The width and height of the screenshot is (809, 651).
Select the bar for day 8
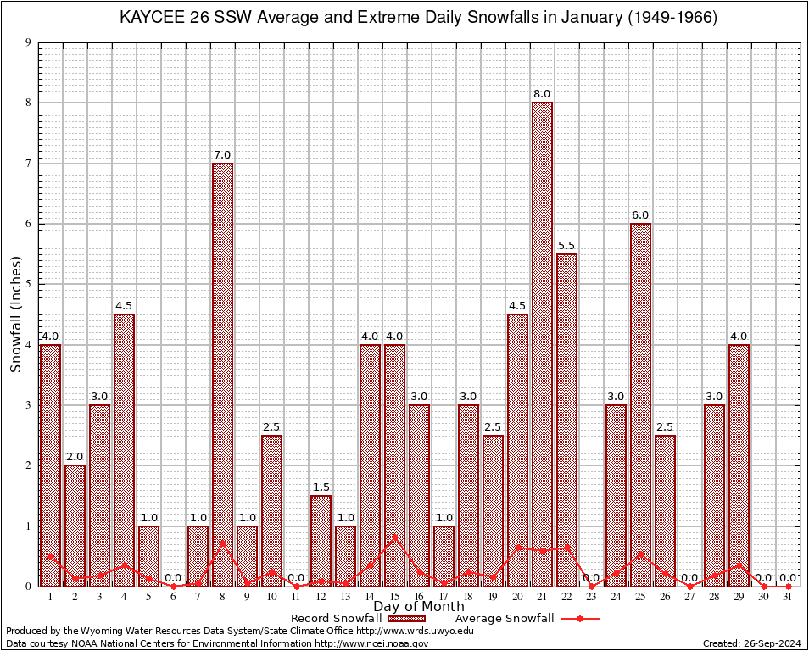point(222,373)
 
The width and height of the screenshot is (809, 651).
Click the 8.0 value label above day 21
point(542,94)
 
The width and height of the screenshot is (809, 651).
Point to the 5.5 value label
point(566,246)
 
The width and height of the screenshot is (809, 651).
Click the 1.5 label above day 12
point(321,487)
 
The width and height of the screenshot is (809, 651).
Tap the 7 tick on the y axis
point(28,164)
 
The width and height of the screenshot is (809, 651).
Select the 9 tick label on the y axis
point(28,42)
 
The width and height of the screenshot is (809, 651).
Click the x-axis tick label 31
point(788,597)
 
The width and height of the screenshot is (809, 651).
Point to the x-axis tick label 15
point(394,597)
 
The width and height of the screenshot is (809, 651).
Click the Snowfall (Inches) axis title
point(15,314)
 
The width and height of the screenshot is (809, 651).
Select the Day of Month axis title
point(419,607)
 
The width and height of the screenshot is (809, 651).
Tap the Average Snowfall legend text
point(505,619)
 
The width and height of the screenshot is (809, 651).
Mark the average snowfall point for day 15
point(394,537)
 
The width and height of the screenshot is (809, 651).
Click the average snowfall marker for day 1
point(50,557)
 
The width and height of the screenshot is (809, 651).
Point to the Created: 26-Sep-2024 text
point(752,643)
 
